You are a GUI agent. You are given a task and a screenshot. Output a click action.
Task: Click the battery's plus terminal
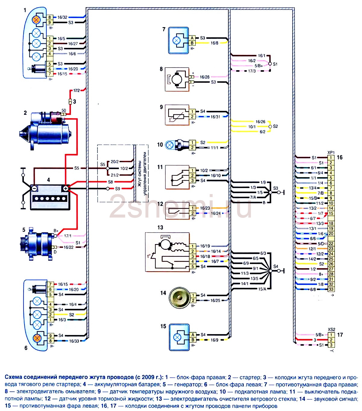pyautogui.click(x=66, y=188)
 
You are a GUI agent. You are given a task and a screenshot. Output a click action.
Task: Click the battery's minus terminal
pyautogui.click(x=34, y=188)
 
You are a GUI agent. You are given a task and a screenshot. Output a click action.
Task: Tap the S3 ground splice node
pyautogui.click(x=270, y=192)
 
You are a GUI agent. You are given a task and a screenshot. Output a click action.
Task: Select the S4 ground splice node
pyautogui.click(x=270, y=271)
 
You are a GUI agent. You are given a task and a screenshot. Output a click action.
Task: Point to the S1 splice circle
pyautogui.click(x=270, y=64)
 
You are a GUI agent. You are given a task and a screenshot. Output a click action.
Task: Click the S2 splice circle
pyautogui.click(x=270, y=126)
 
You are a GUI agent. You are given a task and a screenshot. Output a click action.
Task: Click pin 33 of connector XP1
pyautogui.click(x=331, y=289)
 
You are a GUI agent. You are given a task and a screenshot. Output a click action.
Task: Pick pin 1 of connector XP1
pyautogui.click(x=331, y=157)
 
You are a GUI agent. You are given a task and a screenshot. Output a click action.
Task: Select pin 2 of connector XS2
pyautogui.click(x=331, y=340)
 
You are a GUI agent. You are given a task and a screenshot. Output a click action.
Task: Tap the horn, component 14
pyautogui.click(x=179, y=298)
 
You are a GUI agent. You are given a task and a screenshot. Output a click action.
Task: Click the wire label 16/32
pyautogui.click(x=62, y=17)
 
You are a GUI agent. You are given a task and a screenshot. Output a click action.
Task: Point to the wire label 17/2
pyautogui.click(x=77, y=90)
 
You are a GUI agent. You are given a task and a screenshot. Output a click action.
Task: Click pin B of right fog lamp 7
pyautogui.click(x=192, y=43)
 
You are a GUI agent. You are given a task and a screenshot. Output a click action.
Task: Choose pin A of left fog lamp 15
pyautogui.click(x=193, y=334)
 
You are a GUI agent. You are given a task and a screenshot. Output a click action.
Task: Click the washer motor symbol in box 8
pyautogui.click(x=177, y=79)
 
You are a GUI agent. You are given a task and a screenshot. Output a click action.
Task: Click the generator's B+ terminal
pyautogui.click(x=55, y=236)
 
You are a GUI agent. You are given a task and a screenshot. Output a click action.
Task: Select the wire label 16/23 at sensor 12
pyautogui.click(x=205, y=208)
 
